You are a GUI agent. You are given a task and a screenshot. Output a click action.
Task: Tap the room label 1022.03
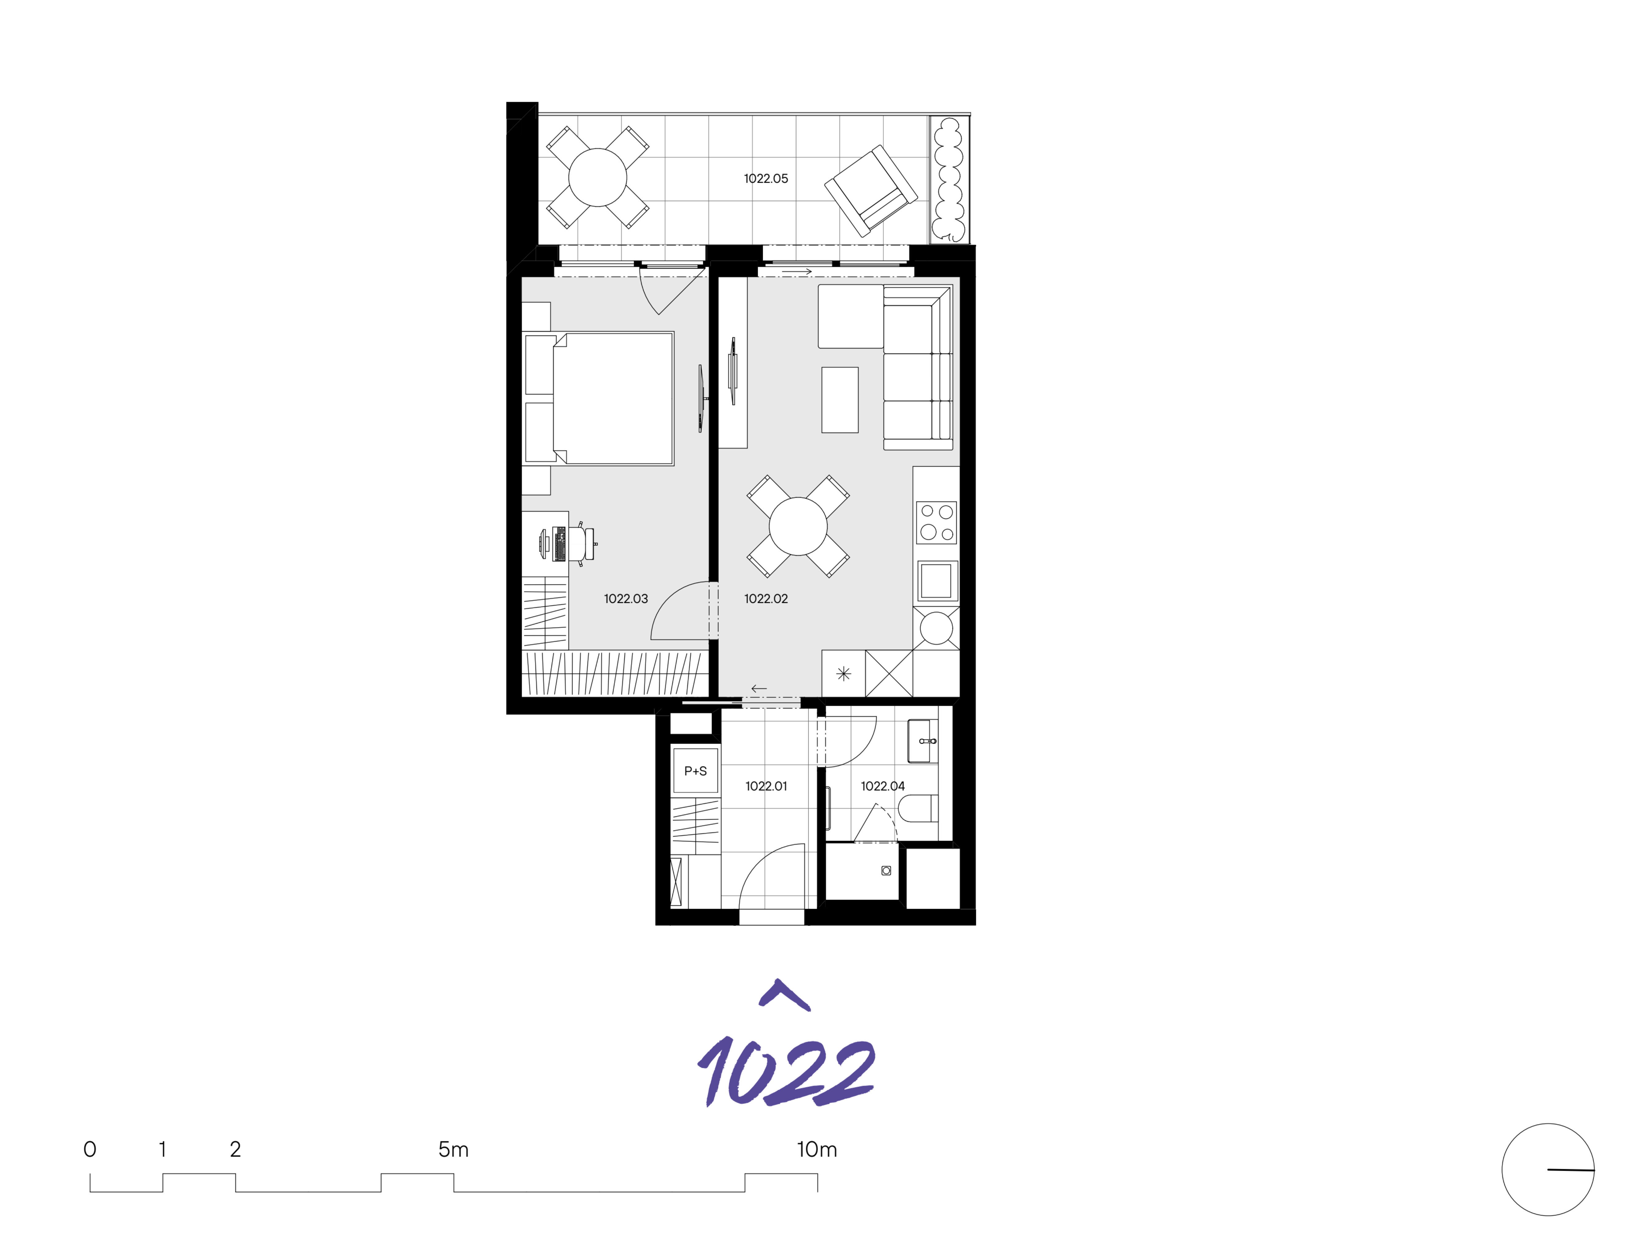[x=626, y=599]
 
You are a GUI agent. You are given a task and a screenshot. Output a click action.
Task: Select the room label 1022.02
[x=766, y=599]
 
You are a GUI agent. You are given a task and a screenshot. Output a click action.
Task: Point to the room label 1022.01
[x=766, y=786]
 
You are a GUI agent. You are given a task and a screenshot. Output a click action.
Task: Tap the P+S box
[x=695, y=770]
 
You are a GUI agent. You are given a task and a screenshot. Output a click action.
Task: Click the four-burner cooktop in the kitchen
[x=936, y=522]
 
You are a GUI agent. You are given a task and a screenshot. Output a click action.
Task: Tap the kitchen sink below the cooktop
[x=936, y=580]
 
